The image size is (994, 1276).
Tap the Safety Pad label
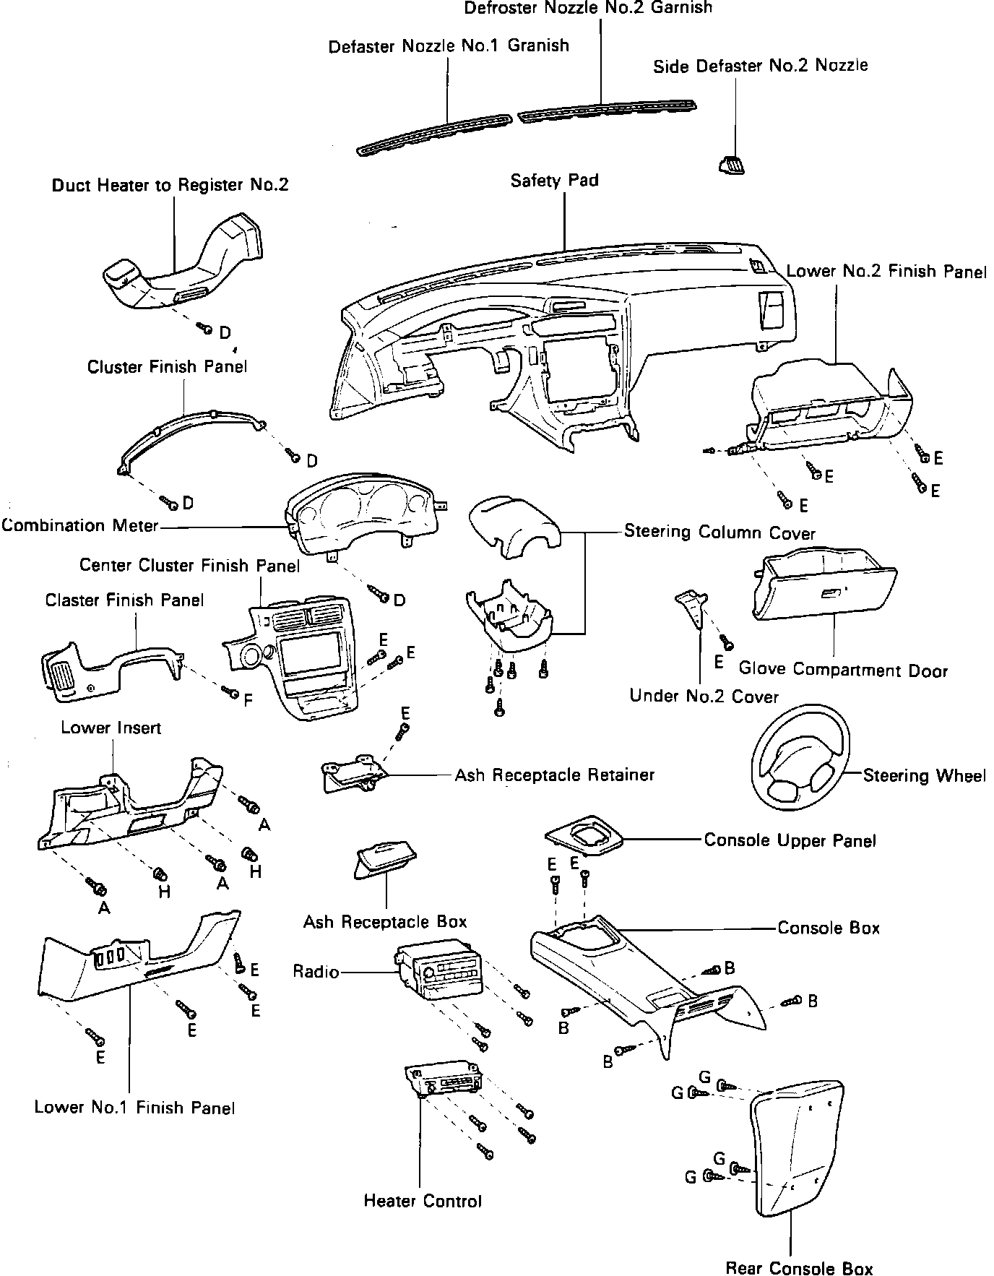click(554, 180)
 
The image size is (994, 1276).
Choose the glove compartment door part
click(824, 584)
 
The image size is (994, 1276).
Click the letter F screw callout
click(248, 700)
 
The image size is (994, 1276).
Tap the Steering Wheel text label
click(924, 776)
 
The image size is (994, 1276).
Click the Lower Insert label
click(111, 728)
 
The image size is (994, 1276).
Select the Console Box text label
click(828, 928)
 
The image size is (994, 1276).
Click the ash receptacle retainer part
click(354, 772)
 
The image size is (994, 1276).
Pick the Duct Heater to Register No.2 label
click(170, 185)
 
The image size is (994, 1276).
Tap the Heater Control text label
click(423, 1201)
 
